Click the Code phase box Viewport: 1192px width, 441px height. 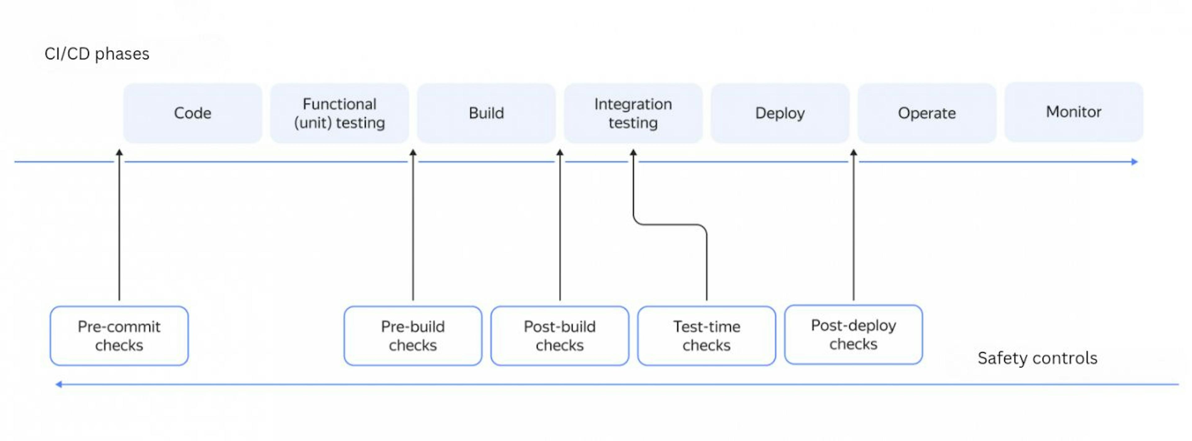click(192, 113)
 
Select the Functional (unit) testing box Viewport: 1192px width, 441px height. click(339, 113)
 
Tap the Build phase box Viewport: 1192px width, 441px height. click(486, 113)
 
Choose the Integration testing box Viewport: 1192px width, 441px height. click(633, 113)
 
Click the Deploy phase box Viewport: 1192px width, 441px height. click(780, 113)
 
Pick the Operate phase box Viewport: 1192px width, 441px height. click(927, 113)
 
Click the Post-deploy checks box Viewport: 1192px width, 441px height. click(854, 335)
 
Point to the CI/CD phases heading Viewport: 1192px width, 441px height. click(97, 54)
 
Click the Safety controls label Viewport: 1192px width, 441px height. click(1037, 358)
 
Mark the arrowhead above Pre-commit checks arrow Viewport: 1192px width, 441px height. click(120, 152)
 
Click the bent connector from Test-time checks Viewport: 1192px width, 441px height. click(670, 225)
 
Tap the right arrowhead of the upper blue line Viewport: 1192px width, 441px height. click(1135, 162)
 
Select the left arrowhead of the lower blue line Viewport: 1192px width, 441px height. click(59, 385)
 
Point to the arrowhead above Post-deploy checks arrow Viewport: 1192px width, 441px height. click(854, 152)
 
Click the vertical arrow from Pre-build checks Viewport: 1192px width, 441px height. click(413, 225)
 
